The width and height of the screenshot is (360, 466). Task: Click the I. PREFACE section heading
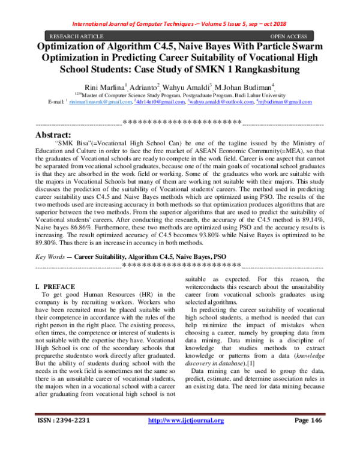click(x=55, y=287)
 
